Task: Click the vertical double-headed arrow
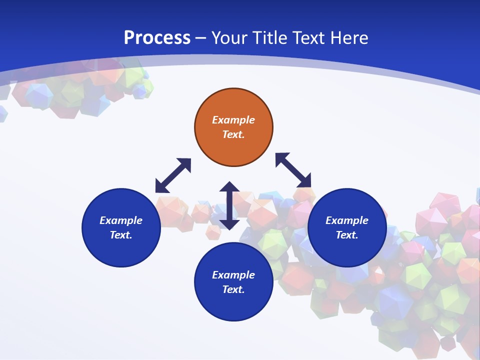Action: coord(229,205)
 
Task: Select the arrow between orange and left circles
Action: coord(173,175)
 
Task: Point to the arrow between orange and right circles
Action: coord(293,170)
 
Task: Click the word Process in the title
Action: coord(157,38)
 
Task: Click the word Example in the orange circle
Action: coord(233,120)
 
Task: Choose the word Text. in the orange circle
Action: coord(233,134)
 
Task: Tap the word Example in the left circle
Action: coord(121,220)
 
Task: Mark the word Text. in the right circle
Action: coord(347,235)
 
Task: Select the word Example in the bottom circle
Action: coord(233,275)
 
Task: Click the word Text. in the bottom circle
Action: coord(233,289)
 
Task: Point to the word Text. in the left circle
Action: coord(121,235)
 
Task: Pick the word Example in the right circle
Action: coord(347,220)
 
